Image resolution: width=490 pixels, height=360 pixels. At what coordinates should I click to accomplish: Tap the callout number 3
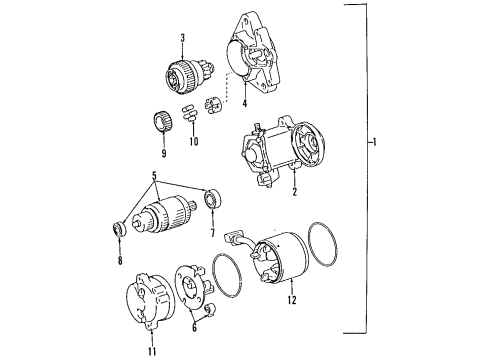(x=183, y=39)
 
